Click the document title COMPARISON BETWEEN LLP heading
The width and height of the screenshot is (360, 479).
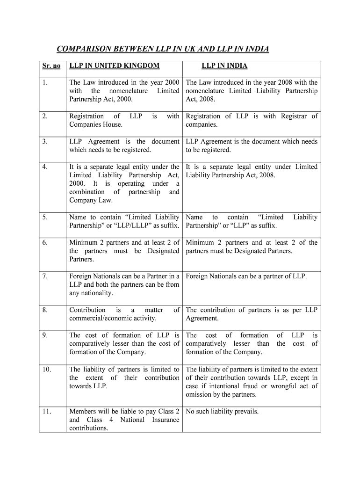(x=163, y=49)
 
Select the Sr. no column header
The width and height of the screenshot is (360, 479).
(x=51, y=66)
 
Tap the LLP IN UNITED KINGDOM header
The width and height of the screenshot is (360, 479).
(x=114, y=66)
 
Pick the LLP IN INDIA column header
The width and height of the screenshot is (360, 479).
(x=224, y=66)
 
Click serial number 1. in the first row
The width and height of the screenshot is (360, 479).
(x=44, y=83)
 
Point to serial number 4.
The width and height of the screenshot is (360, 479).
(x=44, y=167)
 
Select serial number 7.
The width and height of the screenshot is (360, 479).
(x=44, y=276)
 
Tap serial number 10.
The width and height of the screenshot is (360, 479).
(x=46, y=370)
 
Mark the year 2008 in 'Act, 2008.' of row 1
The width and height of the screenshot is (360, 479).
(x=207, y=100)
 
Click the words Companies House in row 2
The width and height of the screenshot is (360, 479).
(x=96, y=125)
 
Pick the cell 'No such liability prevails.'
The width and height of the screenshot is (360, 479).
(x=222, y=412)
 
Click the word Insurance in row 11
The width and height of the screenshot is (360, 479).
(x=165, y=420)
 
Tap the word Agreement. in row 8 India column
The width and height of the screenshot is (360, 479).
(x=202, y=319)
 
